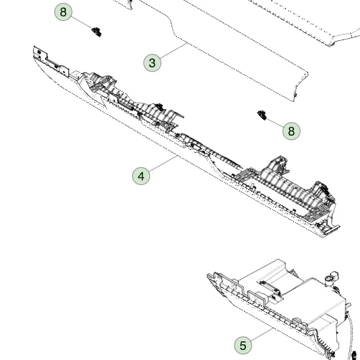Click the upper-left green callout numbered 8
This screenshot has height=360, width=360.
coord(63,11)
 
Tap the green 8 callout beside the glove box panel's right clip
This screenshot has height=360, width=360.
coord(291,131)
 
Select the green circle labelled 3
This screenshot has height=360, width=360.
coord(152,62)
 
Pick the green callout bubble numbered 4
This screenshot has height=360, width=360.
coord(141,176)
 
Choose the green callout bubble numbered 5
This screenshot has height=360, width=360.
coord(243,345)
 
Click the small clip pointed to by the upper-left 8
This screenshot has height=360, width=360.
coord(97,32)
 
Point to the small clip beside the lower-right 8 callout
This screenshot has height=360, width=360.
coord(262,115)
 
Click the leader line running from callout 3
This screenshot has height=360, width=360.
coord(174,50)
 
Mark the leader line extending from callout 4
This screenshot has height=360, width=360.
coord(163,163)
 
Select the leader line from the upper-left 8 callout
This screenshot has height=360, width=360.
coord(82,22)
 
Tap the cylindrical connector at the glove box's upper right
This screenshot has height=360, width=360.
coord(331,278)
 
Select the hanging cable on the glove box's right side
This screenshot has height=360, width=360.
coord(349,335)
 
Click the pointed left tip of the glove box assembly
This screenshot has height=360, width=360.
coord(208,275)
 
